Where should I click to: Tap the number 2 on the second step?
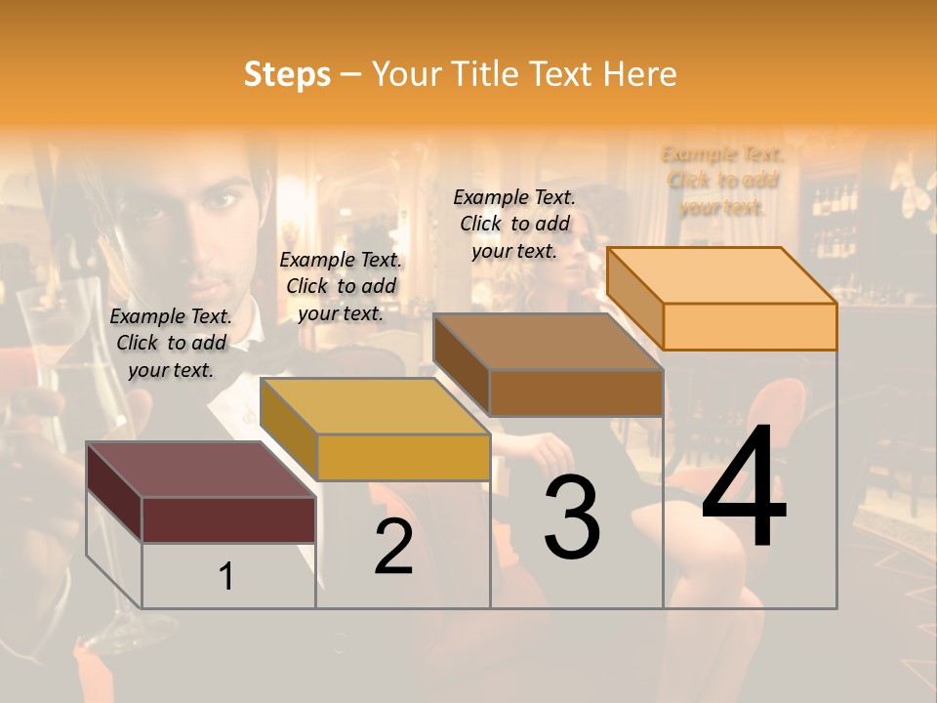point(393,547)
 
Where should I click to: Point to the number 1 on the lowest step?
point(226,577)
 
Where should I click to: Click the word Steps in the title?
point(287,74)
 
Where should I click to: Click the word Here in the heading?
point(640,74)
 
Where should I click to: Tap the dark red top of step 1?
point(201,469)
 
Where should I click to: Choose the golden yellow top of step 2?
point(375,405)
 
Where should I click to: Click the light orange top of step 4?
point(722,275)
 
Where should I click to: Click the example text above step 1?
point(171,343)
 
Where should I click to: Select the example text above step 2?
point(341,286)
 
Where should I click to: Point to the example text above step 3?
point(514,224)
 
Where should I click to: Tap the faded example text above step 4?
point(722,181)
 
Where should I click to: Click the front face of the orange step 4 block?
point(750,326)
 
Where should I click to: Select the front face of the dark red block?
point(228,519)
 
